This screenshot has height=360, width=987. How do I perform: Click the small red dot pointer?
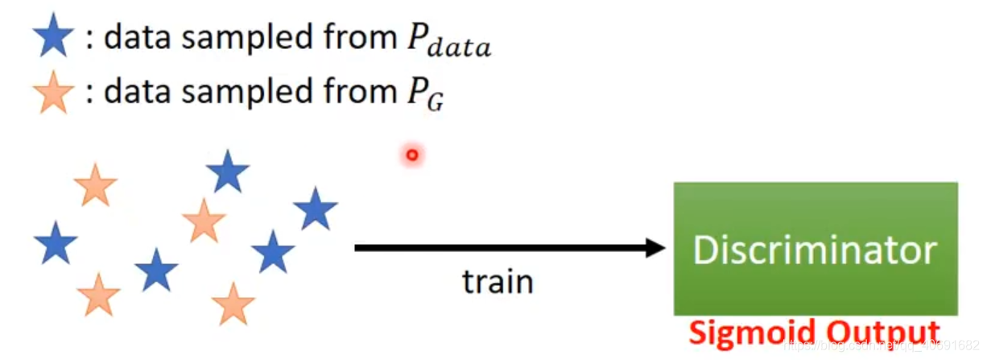[412, 155]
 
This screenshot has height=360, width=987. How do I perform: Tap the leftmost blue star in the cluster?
[56, 244]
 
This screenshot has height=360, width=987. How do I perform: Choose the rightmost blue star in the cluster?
[315, 209]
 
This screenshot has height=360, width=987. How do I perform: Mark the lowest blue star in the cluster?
[156, 271]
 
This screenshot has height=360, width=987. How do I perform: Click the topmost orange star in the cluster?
[96, 185]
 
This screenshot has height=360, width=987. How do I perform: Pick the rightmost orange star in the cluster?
[233, 304]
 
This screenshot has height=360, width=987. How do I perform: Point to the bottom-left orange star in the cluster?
[98, 296]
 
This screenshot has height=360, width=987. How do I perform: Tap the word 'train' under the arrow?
[498, 282]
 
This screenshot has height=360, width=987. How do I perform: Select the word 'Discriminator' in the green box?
[815, 250]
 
